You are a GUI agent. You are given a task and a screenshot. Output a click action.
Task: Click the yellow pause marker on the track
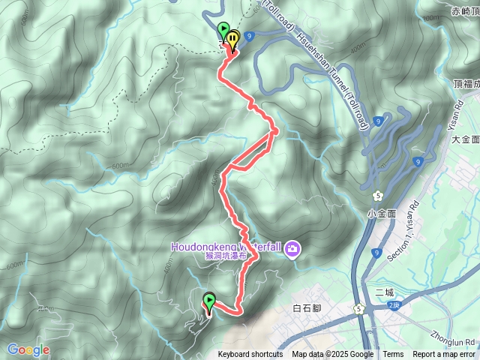click(x=233, y=37)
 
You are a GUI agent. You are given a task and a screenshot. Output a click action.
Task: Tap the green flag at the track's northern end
click(x=223, y=31)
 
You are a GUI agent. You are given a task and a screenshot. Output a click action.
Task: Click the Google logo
click(x=28, y=349)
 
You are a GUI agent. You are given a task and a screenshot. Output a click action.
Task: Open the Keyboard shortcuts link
click(x=250, y=355)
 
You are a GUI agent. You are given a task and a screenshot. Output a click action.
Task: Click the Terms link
click(x=393, y=355)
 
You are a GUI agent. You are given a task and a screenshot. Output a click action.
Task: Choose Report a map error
click(x=444, y=355)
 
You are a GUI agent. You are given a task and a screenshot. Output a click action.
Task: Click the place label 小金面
click(x=382, y=213)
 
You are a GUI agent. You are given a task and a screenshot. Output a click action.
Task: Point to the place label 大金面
click(x=465, y=139)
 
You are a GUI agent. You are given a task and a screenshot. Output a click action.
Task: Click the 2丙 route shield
click(x=394, y=305)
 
